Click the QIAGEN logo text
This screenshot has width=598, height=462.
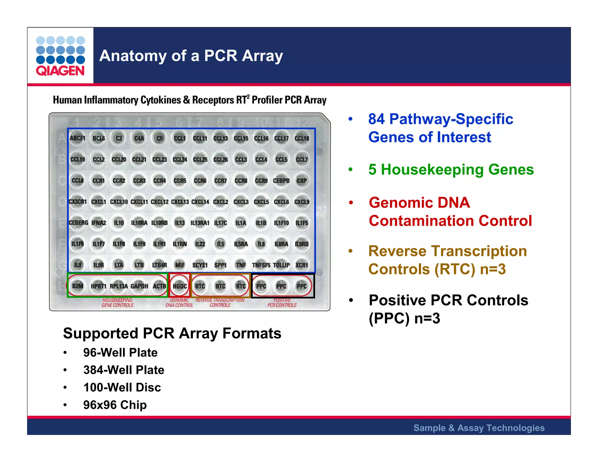(60, 71)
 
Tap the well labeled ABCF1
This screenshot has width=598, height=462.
(77, 138)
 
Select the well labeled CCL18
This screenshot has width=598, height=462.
(302, 138)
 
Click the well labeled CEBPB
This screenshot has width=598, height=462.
(281, 181)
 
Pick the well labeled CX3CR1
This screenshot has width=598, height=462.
(78, 202)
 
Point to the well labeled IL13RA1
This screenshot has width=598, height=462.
(200, 223)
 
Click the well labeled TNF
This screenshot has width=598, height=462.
(241, 265)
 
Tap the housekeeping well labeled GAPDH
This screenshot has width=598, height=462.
(139, 286)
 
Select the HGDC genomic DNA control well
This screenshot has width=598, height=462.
(180, 286)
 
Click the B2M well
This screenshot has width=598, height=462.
(78, 286)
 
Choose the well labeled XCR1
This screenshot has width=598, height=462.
(302, 265)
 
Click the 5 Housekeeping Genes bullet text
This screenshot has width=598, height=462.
(451, 170)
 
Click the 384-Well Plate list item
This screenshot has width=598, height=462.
(124, 370)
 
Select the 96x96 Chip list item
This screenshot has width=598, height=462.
(115, 405)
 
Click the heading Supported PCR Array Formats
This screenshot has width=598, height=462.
(172, 334)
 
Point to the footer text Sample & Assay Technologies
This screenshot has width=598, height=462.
(479, 428)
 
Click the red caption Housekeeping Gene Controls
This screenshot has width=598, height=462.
(117, 303)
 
